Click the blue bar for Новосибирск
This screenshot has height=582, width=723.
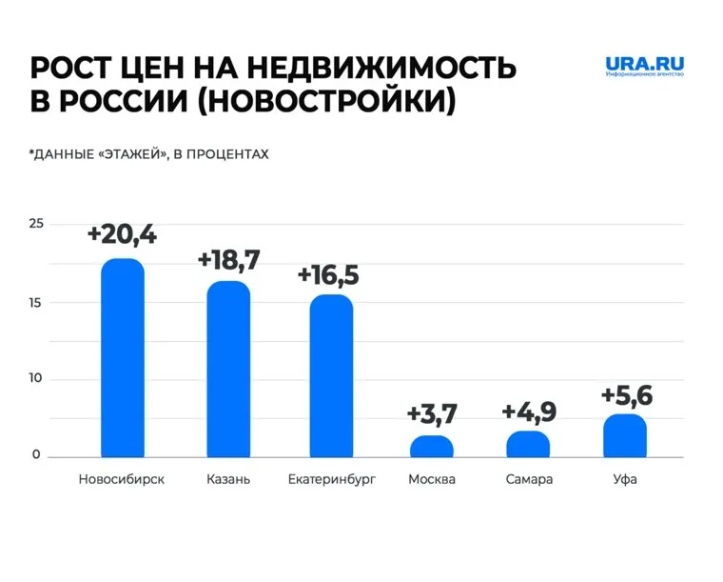click(x=122, y=357)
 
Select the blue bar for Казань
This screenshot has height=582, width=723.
click(x=228, y=369)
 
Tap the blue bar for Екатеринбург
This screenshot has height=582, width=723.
click(x=331, y=375)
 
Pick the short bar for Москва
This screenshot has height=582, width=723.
click(x=432, y=447)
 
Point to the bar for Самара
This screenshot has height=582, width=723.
click(x=528, y=444)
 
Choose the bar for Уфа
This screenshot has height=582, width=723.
click(x=625, y=435)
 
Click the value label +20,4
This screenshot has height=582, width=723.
click(x=122, y=234)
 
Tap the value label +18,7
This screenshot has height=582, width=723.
click(x=228, y=259)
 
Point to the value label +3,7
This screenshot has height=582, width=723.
click(x=432, y=414)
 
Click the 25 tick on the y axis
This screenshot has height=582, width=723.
click(x=36, y=224)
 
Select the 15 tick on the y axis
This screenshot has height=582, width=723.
click(x=36, y=303)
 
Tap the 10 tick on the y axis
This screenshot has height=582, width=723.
click(x=36, y=380)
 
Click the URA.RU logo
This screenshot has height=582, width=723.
click(x=644, y=68)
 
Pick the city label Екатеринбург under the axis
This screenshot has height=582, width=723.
click(x=331, y=479)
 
